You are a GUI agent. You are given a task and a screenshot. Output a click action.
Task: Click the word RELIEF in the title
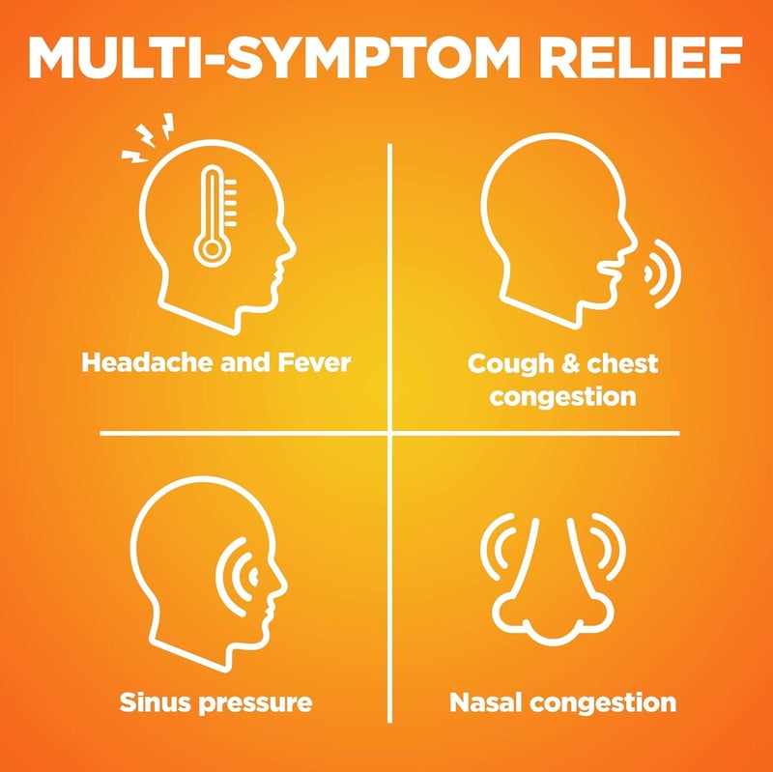point(641,57)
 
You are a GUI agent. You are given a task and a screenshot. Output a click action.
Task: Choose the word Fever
point(314,362)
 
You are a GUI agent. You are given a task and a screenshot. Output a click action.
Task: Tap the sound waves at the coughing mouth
point(662,273)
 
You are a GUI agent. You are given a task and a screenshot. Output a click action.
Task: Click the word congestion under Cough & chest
point(562,397)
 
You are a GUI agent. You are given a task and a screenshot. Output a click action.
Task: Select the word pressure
point(255,704)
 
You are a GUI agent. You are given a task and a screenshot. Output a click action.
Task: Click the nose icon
point(553,582)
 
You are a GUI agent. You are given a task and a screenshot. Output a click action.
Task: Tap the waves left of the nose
point(498,546)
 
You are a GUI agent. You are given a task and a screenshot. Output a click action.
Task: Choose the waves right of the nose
point(609,546)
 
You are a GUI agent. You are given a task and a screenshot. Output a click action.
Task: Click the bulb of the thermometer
point(213,249)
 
